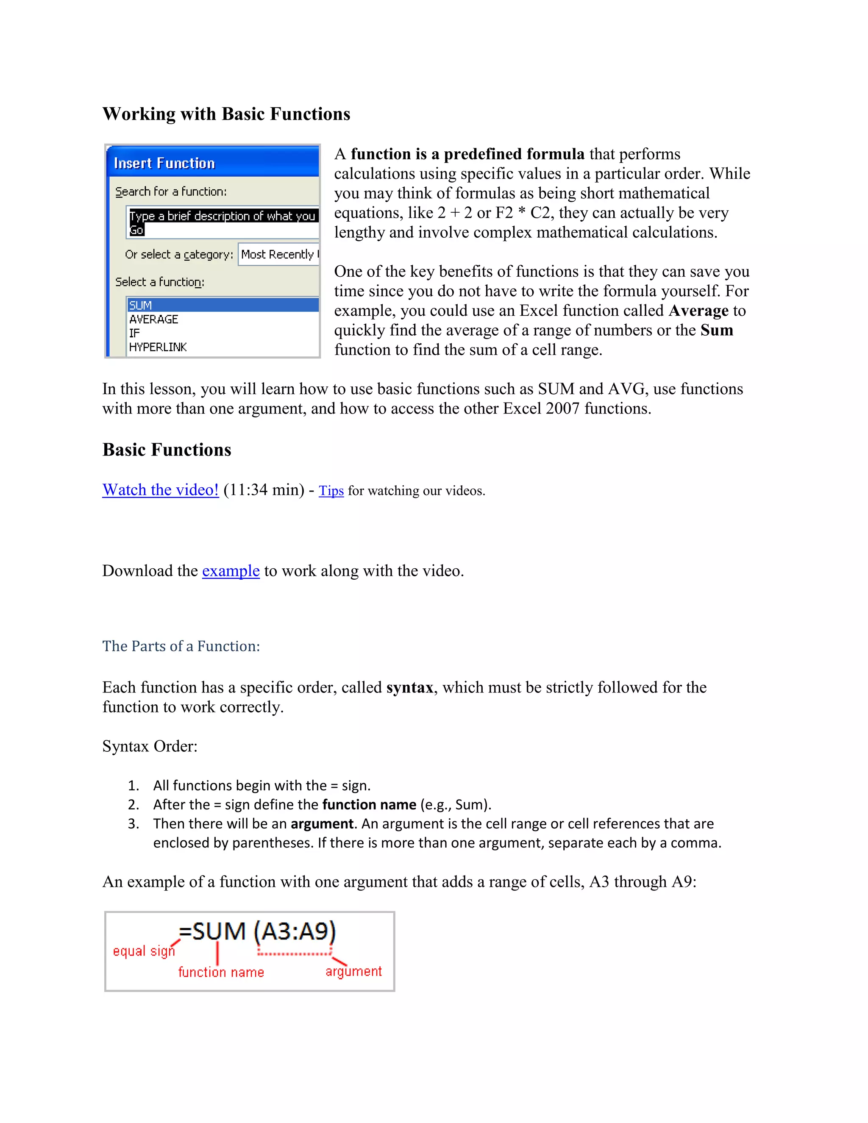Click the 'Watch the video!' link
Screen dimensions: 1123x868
tap(161, 489)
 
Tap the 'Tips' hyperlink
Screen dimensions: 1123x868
tap(331, 491)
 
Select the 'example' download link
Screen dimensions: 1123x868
tap(231, 571)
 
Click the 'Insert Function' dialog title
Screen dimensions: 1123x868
tap(164, 164)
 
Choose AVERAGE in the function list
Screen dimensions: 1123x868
tap(153, 320)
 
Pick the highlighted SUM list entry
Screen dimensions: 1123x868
tap(140, 305)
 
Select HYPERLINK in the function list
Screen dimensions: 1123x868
tap(157, 347)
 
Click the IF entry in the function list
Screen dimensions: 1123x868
tap(134, 333)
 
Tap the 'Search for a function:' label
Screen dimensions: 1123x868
tap(171, 192)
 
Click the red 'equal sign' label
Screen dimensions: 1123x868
tap(144, 951)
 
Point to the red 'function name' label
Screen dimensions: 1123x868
tap(220, 972)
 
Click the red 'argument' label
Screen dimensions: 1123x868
tap(353, 971)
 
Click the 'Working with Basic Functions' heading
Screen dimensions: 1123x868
tap(226, 114)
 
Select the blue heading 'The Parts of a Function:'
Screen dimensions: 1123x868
tap(181, 646)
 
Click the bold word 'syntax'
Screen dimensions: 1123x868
tap(410, 687)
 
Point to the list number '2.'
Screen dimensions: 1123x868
tap(133, 804)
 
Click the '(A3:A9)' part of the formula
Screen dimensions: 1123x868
tap(295, 931)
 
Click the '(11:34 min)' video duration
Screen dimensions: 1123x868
tap(264, 489)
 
